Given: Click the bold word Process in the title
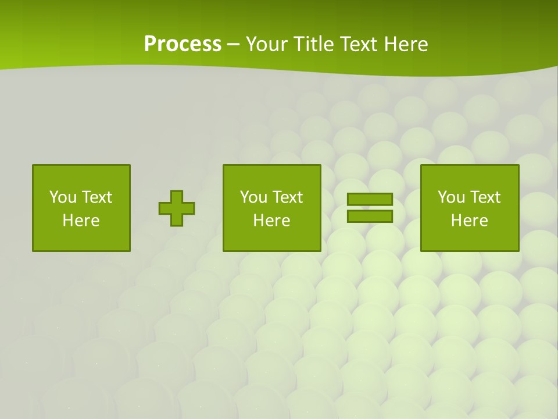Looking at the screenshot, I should (x=183, y=44).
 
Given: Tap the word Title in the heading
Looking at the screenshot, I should (x=313, y=44).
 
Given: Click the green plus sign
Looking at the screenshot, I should (x=177, y=208).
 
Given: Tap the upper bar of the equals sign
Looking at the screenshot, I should (x=370, y=200).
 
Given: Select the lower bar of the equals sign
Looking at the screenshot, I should (x=370, y=216).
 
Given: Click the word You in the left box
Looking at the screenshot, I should (x=63, y=197).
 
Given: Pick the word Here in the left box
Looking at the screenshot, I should (x=81, y=221).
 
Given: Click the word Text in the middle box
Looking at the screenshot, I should (x=287, y=197).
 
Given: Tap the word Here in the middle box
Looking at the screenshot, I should (x=272, y=221).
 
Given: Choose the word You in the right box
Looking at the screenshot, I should (x=451, y=197).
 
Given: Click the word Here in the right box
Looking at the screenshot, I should (x=470, y=221).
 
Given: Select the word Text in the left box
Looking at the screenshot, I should (x=96, y=197).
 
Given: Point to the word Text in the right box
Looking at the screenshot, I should (x=485, y=197).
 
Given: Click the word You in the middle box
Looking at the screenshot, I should (x=253, y=197).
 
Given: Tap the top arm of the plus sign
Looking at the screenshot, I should (x=177, y=197).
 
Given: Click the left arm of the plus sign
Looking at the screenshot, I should (x=164, y=208).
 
